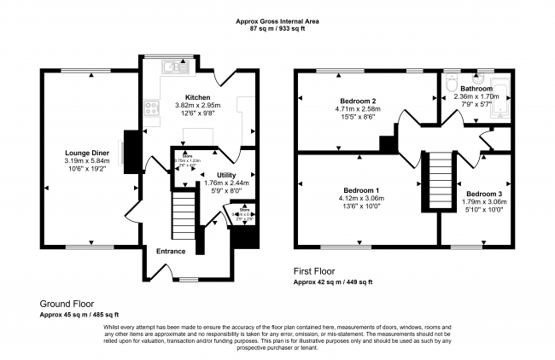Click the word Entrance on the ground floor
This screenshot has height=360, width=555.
click(x=171, y=251)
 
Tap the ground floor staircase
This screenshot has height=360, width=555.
click(x=184, y=216)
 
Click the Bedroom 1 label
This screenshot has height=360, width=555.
click(x=363, y=190)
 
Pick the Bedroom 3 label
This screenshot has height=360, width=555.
click(x=483, y=195)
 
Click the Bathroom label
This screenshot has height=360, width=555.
click(x=476, y=89)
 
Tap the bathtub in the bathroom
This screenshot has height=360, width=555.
click(x=501, y=97)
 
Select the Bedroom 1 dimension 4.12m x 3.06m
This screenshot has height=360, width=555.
click(x=363, y=199)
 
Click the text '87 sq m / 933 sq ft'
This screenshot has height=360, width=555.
click(x=277, y=29)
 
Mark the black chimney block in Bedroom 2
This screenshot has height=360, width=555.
click(x=387, y=144)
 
